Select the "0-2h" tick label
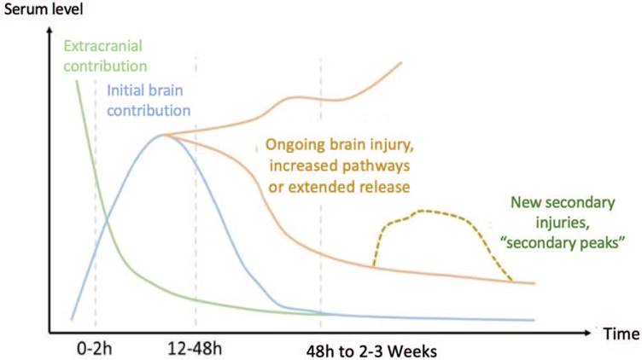pyautogui.click(x=92, y=349)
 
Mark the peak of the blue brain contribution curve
pyautogui.click(x=162, y=135)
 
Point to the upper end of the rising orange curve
pyautogui.click(x=401, y=64)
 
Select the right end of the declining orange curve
pyautogui.click(x=534, y=282)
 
